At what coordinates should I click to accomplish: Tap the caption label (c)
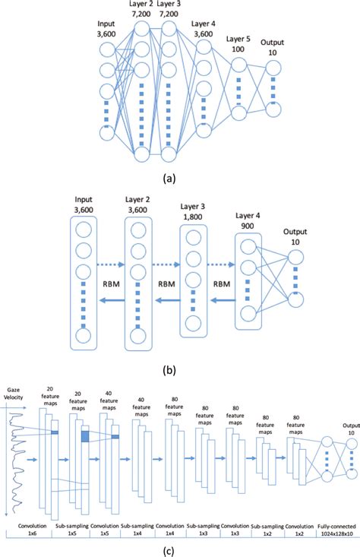(180, 549)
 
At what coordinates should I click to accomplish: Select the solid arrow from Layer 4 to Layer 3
(220, 300)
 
